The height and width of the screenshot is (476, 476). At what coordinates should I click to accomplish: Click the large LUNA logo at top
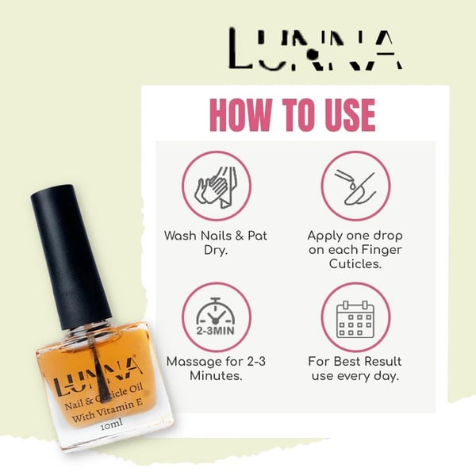coord(316,49)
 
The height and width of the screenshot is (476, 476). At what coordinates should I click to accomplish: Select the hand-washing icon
coord(216,186)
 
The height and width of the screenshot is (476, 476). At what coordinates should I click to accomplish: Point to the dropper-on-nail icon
coord(355,186)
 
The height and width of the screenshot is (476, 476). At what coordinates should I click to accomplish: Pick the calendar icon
coord(355,320)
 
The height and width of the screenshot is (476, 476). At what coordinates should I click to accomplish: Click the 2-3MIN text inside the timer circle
coord(216,330)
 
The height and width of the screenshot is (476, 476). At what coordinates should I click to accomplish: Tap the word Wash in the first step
coord(181,236)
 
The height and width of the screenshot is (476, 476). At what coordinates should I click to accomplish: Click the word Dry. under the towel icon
coord(216,250)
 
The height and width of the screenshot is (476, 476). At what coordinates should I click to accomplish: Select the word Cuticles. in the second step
coord(355,263)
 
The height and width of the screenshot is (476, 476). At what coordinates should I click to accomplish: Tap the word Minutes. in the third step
coord(216,376)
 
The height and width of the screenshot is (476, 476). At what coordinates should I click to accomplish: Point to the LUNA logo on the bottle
coord(97,376)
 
